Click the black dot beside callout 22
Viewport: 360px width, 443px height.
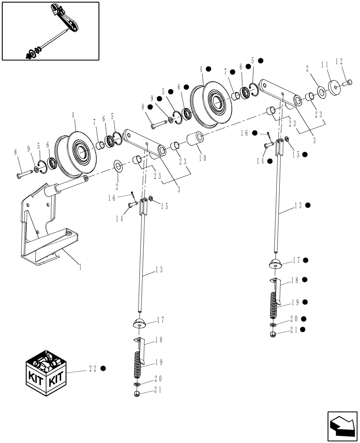coord(103,368)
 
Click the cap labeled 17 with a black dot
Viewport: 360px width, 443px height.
coord(276,264)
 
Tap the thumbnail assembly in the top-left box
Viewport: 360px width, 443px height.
coord(50,31)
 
